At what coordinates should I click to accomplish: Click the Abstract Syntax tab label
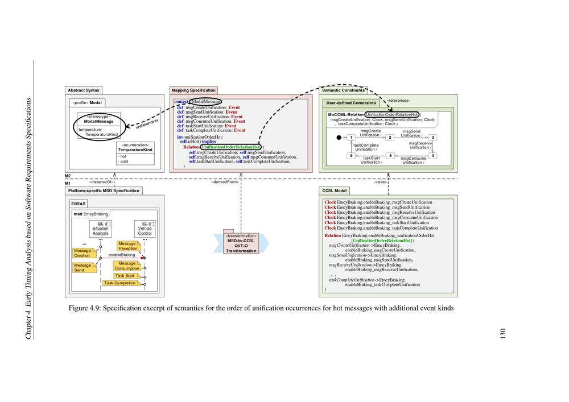[x=84, y=90]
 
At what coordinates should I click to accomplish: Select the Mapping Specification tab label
[x=194, y=90]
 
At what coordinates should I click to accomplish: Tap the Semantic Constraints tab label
[x=344, y=90]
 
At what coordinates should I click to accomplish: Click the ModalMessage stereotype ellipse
[x=98, y=126]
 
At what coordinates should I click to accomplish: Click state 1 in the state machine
[x=352, y=138]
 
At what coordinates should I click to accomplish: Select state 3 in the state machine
[x=433, y=138]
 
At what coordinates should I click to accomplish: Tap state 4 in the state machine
[x=433, y=155]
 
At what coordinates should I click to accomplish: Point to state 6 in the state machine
[x=352, y=155]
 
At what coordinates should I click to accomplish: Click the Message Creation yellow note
[x=82, y=253]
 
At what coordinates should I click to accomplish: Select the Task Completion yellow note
[x=119, y=283]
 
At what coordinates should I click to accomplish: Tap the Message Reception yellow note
[x=127, y=246]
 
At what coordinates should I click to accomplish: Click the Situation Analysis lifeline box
[x=101, y=229]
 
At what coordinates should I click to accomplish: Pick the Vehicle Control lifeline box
[x=145, y=229]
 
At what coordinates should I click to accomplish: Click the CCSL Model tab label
[x=335, y=190]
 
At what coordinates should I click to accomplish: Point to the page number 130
[x=502, y=335]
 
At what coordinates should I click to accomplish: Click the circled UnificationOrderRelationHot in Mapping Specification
[x=231, y=147]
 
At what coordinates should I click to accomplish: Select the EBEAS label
[x=79, y=203]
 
